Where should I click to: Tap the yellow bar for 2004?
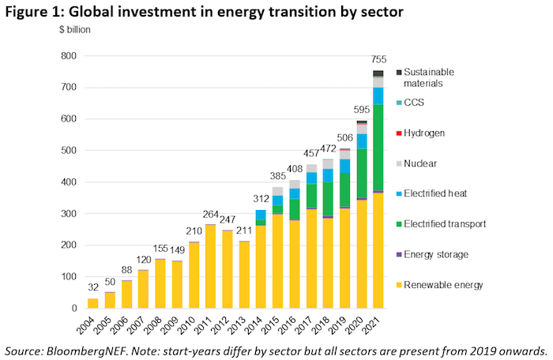(x=92, y=303)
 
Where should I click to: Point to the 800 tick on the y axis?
(x=70, y=56)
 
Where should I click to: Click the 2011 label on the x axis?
(x=211, y=324)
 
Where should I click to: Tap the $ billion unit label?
(x=74, y=30)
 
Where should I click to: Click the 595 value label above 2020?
(x=361, y=111)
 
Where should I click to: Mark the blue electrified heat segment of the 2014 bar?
(x=261, y=215)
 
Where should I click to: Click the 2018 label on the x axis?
(x=329, y=324)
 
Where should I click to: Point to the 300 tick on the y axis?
(x=70, y=214)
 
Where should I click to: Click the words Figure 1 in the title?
(x=39, y=11)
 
